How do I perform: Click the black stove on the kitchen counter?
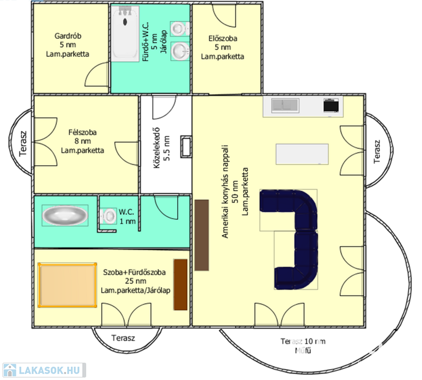click(331, 105)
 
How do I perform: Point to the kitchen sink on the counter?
click(285, 105)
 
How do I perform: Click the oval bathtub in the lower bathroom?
click(65, 215)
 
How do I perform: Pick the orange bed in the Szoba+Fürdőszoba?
click(67, 285)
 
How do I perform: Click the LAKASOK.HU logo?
click(45, 370)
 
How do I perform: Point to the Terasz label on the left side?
click(23, 143)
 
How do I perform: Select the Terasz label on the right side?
click(377, 151)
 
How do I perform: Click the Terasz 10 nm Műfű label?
click(303, 346)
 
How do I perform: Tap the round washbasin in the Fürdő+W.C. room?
click(180, 51)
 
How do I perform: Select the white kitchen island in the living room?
click(302, 154)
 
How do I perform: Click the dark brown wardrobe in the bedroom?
click(180, 285)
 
